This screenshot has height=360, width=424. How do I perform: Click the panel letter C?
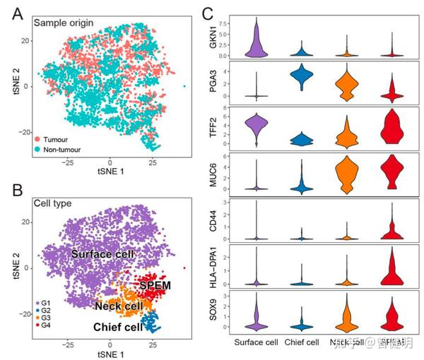pyautogui.click(x=207, y=13)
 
